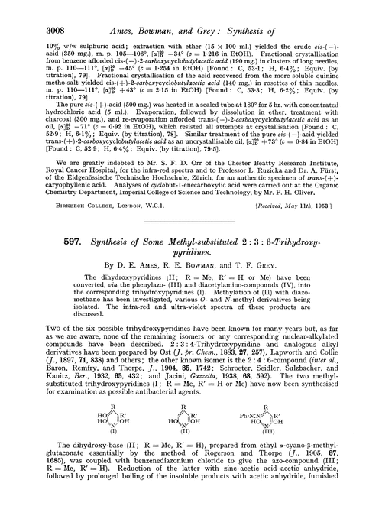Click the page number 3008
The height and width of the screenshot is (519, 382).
pos(27,11)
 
